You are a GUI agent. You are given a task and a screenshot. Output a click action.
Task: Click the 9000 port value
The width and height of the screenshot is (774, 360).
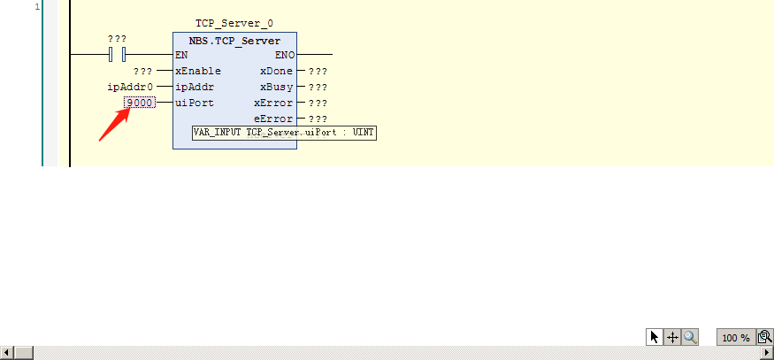tap(140, 103)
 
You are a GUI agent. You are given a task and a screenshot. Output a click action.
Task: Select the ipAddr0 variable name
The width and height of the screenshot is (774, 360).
tap(130, 87)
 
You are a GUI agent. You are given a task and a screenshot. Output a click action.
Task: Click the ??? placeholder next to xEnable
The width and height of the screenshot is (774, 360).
tap(142, 71)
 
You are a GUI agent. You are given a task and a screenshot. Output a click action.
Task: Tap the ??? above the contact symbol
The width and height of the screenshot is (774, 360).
tap(117, 39)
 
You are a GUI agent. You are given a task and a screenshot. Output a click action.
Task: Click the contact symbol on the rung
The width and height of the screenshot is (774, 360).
tap(117, 54)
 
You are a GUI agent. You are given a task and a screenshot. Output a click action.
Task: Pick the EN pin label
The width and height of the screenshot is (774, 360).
tap(181, 55)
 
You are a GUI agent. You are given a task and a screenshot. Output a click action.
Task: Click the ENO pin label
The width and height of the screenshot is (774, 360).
tap(285, 55)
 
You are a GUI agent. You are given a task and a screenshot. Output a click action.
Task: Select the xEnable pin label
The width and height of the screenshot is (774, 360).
tap(198, 71)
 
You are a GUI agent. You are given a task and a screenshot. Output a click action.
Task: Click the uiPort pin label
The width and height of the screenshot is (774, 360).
tap(195, 103)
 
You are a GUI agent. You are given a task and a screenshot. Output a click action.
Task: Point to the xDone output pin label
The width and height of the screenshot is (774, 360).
tap(276, 71)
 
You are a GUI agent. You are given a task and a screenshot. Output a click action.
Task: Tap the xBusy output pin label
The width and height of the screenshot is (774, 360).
tap(276, 87)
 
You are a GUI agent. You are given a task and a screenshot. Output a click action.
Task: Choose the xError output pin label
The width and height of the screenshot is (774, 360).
tap(273, 103)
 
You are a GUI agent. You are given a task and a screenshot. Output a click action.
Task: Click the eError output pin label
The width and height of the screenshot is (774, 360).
tap(273, 119)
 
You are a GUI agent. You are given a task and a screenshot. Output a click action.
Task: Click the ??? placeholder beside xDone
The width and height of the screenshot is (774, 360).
tap(318, 71)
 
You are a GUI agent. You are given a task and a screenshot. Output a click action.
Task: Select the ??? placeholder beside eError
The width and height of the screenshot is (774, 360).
tap(318, 119)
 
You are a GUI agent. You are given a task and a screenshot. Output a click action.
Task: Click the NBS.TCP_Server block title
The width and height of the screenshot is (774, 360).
tap(235, 41)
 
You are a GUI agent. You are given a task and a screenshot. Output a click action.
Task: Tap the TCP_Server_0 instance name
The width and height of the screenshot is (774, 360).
tap(234, 23)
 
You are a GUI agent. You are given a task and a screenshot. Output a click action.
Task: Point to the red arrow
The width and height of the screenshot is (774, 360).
tap(114, 125)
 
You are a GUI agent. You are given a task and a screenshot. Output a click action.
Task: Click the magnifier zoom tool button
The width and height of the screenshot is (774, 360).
tap(690, 337)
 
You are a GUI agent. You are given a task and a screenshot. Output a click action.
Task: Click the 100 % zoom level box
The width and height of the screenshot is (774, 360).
tap(736, 338)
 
